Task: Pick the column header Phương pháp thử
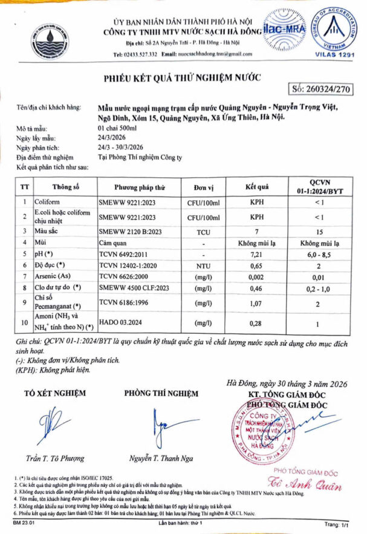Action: pyautogui.click(x=139, y=187)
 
